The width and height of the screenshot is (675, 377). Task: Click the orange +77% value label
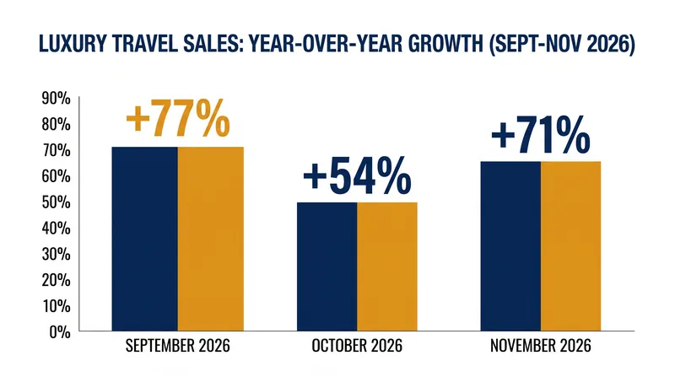coord(178,118)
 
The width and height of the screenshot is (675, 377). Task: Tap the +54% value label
coord(357,176)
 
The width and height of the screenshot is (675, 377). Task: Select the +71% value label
coord(541,135)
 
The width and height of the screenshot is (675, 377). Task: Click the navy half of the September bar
coord(144,239)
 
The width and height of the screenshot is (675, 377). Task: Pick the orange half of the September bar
coord(210,239)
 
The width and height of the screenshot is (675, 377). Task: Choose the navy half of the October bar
coord(327,267)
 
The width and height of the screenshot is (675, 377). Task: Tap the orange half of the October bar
coord(387,267)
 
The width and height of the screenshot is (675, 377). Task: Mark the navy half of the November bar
coord(510,246)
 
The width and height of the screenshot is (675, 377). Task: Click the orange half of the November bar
coord(571,246)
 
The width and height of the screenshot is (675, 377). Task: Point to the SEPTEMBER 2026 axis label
coord(178,346)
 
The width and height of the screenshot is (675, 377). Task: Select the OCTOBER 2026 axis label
coord(357,346)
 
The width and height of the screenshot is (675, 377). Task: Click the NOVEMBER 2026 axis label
coord(541,346)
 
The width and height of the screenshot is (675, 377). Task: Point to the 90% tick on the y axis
coord(57,99)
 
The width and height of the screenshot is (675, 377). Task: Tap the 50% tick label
coord(57,202)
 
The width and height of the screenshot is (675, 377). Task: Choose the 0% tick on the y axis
coord(60,331)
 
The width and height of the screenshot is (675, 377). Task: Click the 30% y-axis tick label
coord(57,255)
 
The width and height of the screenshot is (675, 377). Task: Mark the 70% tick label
coord(57,151)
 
